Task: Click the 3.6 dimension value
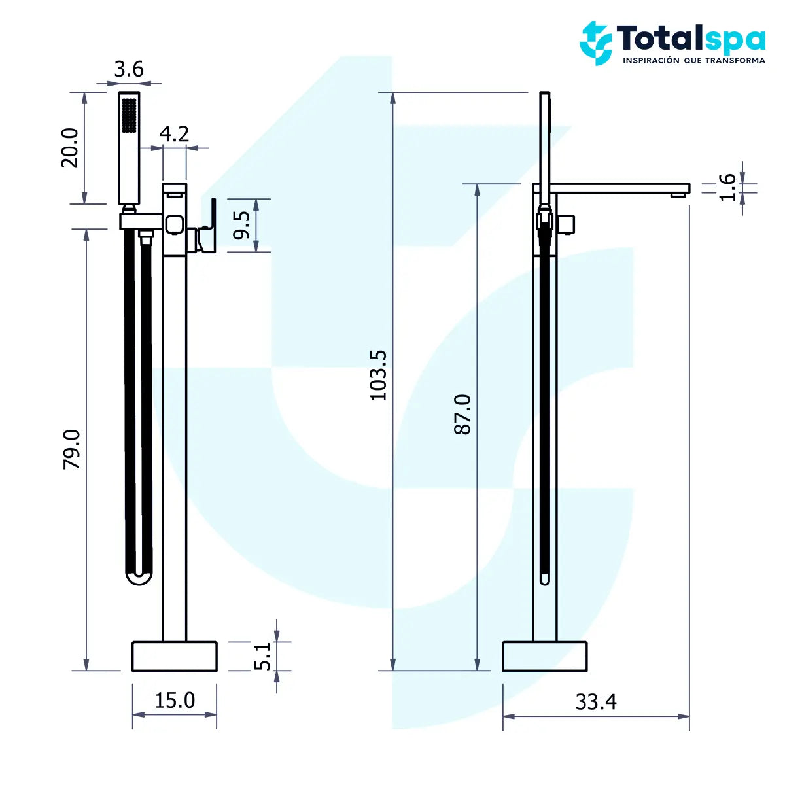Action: (x=128, y=69)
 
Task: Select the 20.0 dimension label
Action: (x=70, y=148)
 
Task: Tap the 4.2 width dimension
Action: (x=174, y=133)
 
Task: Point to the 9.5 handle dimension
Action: (x=241, y=225)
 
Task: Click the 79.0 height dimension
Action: (x=71, y=449)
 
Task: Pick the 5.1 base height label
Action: (x=262, y=656)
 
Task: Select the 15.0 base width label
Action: (x=175, y=700)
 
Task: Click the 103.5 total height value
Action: (x=379, y=375)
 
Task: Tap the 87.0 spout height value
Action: (x=462, y=414)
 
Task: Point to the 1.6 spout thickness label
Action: (x=727, y=187)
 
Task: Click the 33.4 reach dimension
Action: (x=595, y=701)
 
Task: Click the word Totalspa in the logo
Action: (x=691, y=39)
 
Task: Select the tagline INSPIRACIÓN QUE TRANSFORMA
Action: (x=693, y=60)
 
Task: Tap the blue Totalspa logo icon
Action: (x=595, y=43)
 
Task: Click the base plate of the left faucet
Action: (x=175, y=656)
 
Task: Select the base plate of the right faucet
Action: (x=544, y=656)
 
